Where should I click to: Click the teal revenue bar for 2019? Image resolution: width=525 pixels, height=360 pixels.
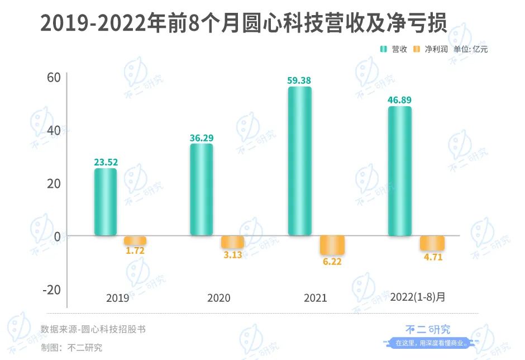tap(106, 202)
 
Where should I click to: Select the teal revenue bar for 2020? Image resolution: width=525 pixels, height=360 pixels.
tap(202, 190)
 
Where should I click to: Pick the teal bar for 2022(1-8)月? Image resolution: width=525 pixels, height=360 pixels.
tap(399, 170)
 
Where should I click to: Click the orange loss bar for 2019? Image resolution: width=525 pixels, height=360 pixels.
tap(135, 240)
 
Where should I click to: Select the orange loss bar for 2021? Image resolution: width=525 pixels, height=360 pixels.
tap(332, 245)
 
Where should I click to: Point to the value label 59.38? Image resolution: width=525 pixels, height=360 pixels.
tap(299, 80)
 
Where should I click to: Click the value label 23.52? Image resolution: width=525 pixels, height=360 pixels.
tap(106, 163)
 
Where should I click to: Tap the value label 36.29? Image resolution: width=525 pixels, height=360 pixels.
tap(202, 138)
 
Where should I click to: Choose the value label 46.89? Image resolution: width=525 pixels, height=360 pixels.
tap(399, 100)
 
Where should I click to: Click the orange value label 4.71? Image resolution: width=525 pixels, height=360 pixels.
tap(432, 257)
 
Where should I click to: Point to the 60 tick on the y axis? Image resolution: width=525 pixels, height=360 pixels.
tap(53, 77)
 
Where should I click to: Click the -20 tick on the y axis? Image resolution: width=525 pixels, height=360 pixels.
tap(51, 290)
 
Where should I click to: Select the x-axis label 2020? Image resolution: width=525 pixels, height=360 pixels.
tap(218, 298)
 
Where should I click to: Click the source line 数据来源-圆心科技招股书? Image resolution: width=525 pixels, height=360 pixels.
tap(93, 329)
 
